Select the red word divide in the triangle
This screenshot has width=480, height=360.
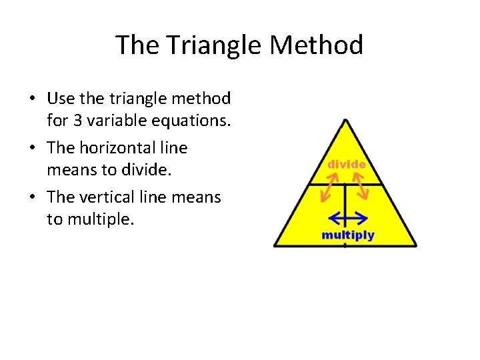pyautogui.click(x=345, y=164)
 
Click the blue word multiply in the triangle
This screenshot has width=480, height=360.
pyautogui.click(x=348, y=235)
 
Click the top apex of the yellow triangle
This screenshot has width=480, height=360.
pyautogui.click(x=345, y=121)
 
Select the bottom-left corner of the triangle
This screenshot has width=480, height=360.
pyautogui.click(x=275, y=245)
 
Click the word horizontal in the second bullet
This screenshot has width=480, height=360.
pyautogui.click(x=115, y=147)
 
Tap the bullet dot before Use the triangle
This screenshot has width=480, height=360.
pyautogui.click(x=32, y=99)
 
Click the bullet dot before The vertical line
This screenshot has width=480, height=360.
pyautogui.click(x=32, y=197)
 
